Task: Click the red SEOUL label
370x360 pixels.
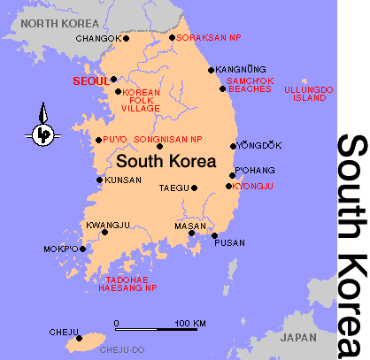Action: coord(89,80)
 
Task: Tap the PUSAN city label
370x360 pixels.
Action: coord(229,241)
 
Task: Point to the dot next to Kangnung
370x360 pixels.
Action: coord(211,70)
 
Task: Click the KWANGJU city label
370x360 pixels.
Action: coord(103,224)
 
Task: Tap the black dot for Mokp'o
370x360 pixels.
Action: coord(83,249)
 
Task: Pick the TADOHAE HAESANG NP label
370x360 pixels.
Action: coord(127,283)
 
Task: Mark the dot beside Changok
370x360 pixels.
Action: coord(127,38)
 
